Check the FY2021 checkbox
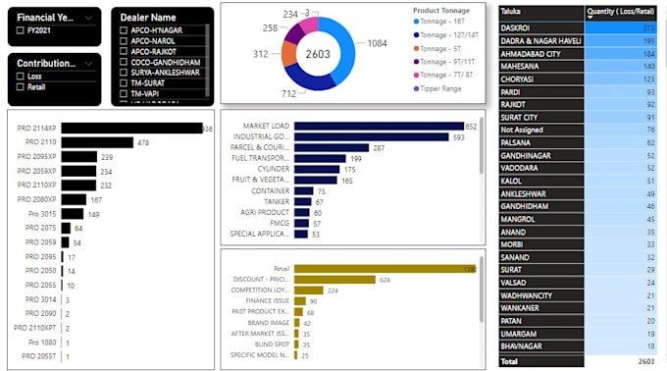22,31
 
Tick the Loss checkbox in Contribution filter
22,75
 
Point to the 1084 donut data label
378,44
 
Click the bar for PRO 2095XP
79,157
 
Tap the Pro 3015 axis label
41,214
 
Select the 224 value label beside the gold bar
333,291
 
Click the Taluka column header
510,11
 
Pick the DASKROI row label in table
516,27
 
